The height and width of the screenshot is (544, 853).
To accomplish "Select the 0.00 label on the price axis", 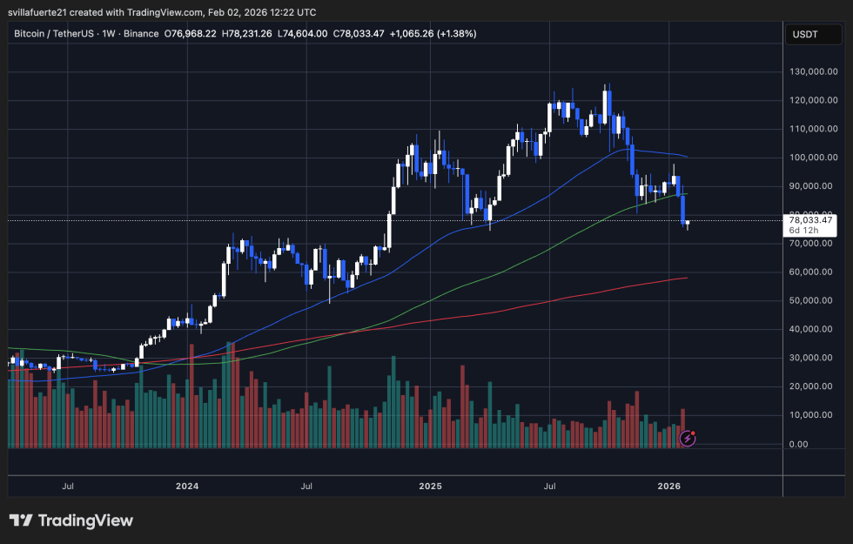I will click(x=799, y=444).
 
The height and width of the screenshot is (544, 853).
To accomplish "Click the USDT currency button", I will click(x=803, y=34).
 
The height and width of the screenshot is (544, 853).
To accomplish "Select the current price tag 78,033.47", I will click(x=810, y=221).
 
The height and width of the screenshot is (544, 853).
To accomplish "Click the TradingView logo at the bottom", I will click(x=71, y=520).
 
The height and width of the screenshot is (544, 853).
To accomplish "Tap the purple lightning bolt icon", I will click(x=688, y=439).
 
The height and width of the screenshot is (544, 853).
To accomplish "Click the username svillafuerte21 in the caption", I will click(x=48, y=11).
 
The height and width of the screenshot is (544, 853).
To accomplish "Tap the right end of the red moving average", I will click(x=687, y=279).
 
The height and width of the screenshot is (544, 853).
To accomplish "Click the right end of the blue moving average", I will click(x=687, y=157).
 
